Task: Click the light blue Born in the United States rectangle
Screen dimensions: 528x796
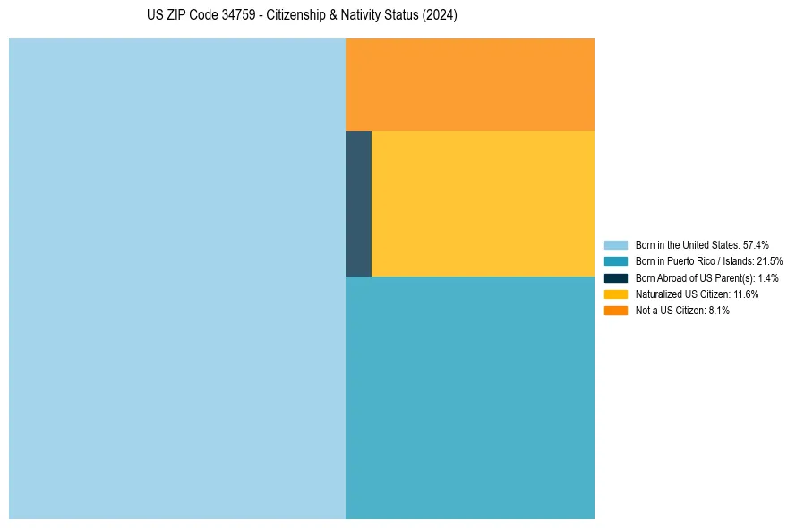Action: [177, 278]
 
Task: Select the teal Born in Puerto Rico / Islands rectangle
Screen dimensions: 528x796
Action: [469, 397]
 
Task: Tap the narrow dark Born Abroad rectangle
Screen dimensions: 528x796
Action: [358, 203]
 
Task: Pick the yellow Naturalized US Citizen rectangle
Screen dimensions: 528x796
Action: [483, 203]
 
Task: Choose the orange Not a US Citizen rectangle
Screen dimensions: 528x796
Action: [469, 84]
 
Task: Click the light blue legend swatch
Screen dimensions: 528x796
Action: [616, 244]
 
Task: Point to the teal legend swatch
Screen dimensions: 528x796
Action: [616, 261]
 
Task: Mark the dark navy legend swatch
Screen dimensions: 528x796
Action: [616, 277]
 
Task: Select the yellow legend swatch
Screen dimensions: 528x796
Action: [616, 294]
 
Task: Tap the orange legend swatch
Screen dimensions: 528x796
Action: [616, 311]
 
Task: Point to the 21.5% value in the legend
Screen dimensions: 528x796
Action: [770, 261]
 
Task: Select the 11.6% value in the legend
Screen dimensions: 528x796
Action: [746, 294]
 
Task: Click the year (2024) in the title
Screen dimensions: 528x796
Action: [440, 15]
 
